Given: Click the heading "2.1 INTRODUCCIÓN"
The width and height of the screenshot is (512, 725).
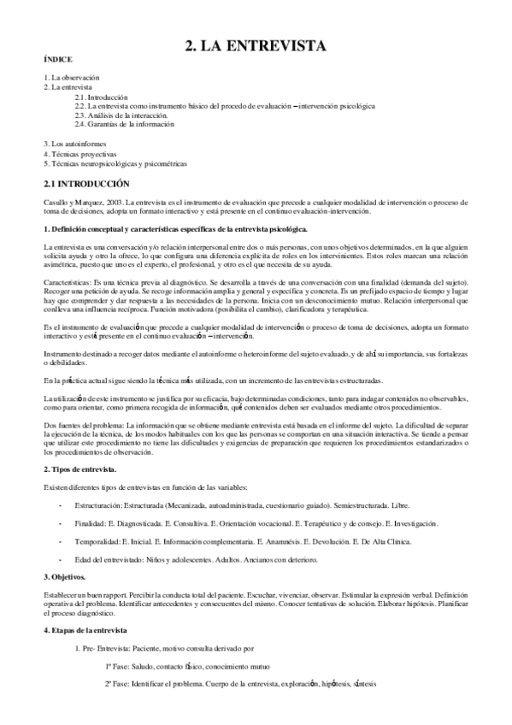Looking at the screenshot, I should [85, 183].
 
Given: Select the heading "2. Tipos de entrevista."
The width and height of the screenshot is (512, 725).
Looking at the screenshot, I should [80, 470].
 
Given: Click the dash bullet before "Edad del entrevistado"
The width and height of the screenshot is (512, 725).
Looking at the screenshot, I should [59, 559].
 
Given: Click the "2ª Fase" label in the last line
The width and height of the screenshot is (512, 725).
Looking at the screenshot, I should [119, 684].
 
